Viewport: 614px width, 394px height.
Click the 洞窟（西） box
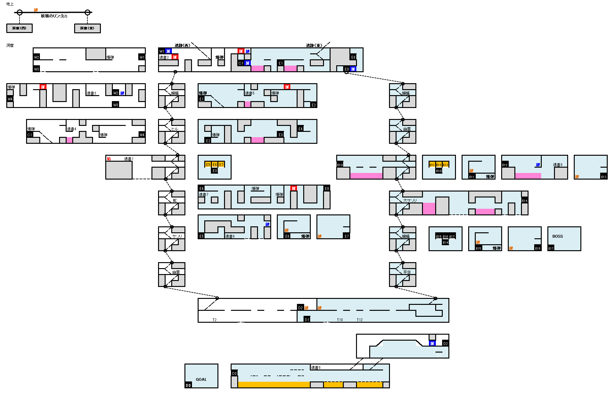pos(19,28)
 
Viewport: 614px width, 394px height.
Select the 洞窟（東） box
pos(87,28)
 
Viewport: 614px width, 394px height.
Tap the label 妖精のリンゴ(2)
pos(54,16)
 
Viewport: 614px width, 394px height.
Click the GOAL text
pos(201,379)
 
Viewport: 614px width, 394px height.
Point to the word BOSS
pos(557,236)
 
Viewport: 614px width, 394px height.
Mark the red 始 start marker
pos(109,159)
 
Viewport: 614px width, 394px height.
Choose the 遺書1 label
pos(129,159)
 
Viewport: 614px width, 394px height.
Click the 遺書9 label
pos(315,367)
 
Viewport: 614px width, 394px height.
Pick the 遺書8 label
pos(557,165)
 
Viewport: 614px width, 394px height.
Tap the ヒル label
pos(175,129)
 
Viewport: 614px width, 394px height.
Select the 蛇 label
pos(175,201)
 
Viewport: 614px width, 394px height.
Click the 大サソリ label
pos(410,201)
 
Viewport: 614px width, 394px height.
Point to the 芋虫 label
pos(407,272)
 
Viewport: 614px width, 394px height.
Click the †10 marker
pos(340,320)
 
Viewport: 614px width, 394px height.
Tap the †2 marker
pos(214,320)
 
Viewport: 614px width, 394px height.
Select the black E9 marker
pos(347,69)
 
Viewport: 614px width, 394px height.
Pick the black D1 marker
pos(307,320)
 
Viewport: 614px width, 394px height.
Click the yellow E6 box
pos(215,165)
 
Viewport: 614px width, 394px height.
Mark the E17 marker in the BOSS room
pos(551,248)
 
